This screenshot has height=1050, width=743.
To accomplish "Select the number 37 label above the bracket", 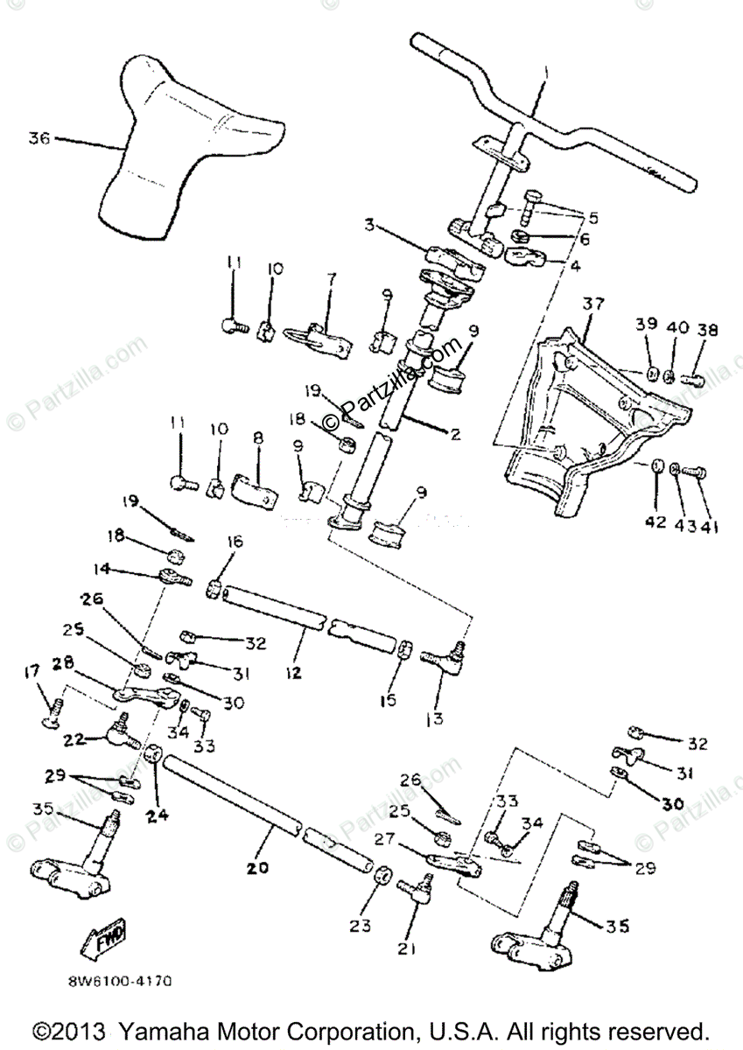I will [594, 304].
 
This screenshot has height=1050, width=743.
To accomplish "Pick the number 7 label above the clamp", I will [331, 278].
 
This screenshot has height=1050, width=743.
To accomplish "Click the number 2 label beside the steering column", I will [453, 433].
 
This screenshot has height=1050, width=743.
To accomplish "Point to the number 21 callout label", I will [410, 948].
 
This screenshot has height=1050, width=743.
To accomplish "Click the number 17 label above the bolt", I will [33, 671].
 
